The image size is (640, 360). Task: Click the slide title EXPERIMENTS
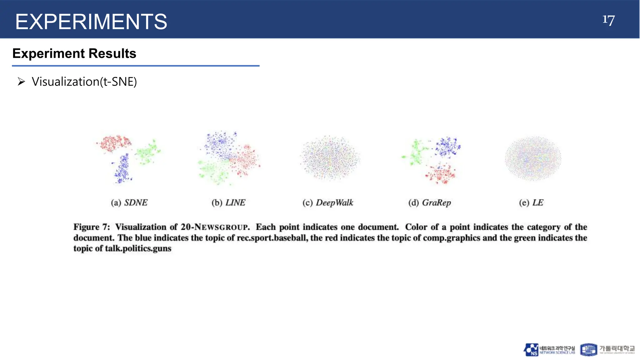(91, 22)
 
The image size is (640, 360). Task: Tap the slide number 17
(608, 21)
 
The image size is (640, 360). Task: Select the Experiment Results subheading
(74, 53)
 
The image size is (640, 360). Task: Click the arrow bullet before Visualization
(21, 82)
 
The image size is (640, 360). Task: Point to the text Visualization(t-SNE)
(84, 82)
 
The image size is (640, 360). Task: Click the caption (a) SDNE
(129, 203)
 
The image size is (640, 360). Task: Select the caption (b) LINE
(228, 203)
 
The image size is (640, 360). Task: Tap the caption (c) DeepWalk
(328, 203)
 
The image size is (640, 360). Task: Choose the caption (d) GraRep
(430, 203)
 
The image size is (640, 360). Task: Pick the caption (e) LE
(531, 203)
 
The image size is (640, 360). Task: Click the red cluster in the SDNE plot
(114, 143)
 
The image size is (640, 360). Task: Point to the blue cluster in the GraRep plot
(447, 146)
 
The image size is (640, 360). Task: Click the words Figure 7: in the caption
(92, 227)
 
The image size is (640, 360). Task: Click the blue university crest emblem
(588, 350)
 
